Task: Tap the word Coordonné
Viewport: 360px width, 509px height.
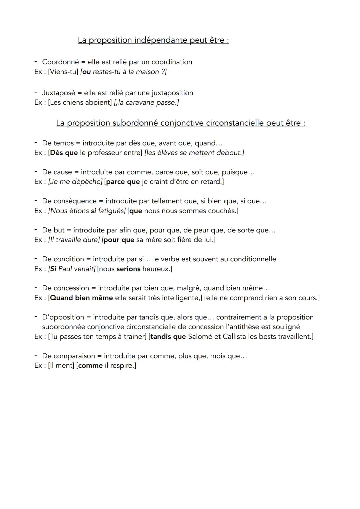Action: pyautogui.click(x=60, y=62)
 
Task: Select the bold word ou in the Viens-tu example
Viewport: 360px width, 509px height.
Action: pyautogui.click(x=86, y=72)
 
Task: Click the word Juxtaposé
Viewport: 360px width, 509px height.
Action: pyautogui.click(x=58, y=93)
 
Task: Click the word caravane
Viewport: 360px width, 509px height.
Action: pyautogui.click(x=140, y=103)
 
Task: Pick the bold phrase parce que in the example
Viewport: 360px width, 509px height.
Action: pyautogui.click(x=123, y=182)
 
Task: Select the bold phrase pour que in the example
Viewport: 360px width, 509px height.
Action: pyautogui.click(x=119, y=240)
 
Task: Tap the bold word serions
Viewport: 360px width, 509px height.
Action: pyautogui.click(x=128, y=269)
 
